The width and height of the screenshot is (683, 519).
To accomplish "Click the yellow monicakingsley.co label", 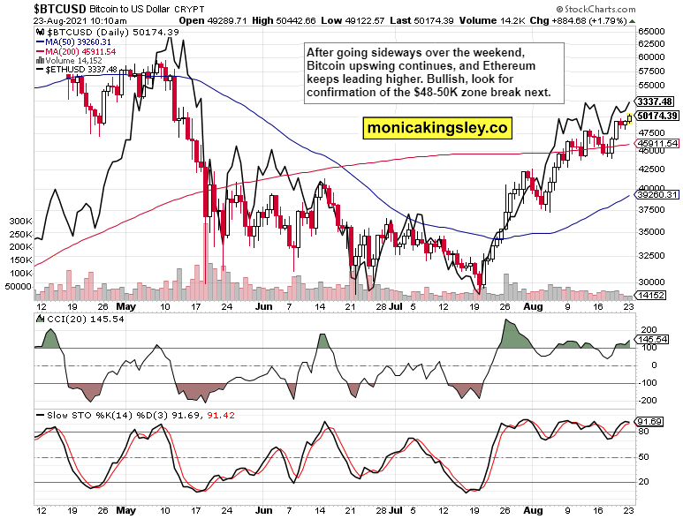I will (x=438, y=128).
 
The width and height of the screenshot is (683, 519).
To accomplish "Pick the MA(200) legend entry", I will (x=75, y=51).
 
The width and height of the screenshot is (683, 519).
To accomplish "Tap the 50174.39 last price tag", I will (x=656, y=115).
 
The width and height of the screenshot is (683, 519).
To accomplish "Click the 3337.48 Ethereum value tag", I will (x=656, y=102).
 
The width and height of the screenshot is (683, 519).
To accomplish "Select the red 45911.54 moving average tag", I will (x=656, y=143).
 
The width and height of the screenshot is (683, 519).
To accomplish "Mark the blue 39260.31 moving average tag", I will (x=656, y=194).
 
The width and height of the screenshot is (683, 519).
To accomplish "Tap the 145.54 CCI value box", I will (x=655, y=339).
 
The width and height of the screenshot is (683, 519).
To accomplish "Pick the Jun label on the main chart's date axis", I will (x=262, y=307).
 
